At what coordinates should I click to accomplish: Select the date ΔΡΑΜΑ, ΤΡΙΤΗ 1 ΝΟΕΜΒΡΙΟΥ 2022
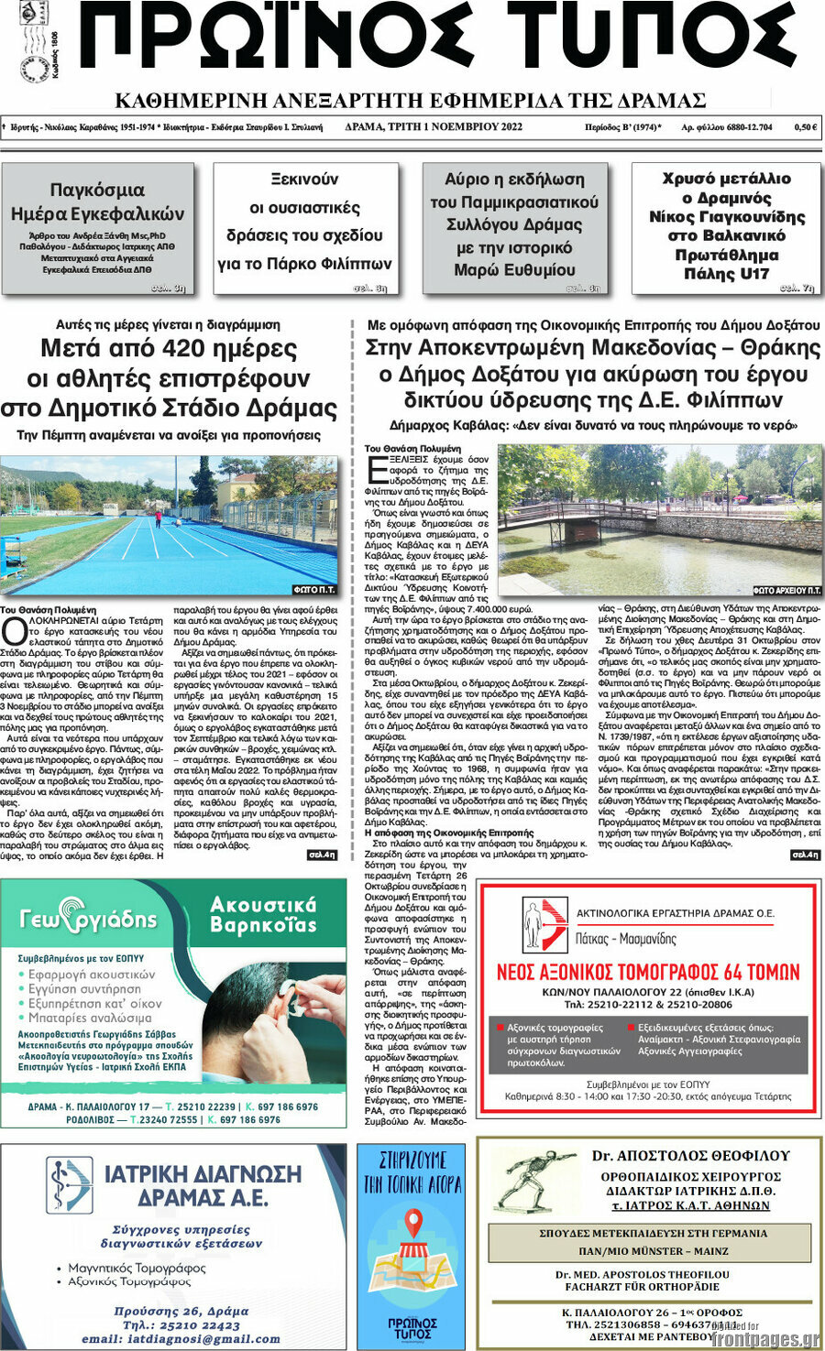coord(434,127)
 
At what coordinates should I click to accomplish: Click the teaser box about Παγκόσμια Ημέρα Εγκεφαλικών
coord(97,228)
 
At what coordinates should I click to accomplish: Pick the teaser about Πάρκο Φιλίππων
coord(305,228)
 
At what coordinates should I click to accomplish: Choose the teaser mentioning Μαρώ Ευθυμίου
coord(514,228)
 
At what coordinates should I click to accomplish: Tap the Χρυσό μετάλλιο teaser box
coord(726,228)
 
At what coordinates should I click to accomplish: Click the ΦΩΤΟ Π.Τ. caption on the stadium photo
coord(314,590)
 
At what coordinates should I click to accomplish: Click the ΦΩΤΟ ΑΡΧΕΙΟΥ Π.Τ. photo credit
coord(786,591)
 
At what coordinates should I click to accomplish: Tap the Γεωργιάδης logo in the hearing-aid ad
coord(88,919)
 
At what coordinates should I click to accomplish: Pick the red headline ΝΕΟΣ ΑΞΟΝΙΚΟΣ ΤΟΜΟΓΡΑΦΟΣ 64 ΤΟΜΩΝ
coord(647,972)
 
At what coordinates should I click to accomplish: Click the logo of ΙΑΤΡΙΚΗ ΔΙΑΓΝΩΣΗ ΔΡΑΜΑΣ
coord(70,1185)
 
